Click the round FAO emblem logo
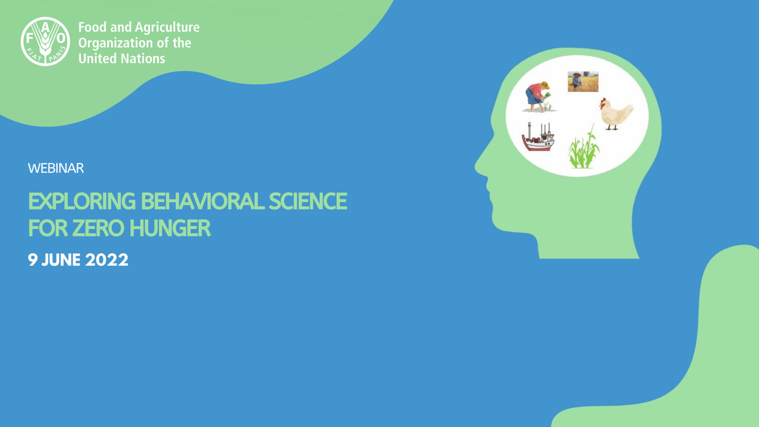45,42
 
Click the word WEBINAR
56,168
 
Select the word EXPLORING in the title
81,202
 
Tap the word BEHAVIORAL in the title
202,201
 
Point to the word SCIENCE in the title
308,201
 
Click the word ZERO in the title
98,228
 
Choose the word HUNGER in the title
170,228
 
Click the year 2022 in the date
107,260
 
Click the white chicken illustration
616,114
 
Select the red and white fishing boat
538,137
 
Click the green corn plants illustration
583,148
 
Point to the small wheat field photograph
583,82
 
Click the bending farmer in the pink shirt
538,97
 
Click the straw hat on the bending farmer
544,85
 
